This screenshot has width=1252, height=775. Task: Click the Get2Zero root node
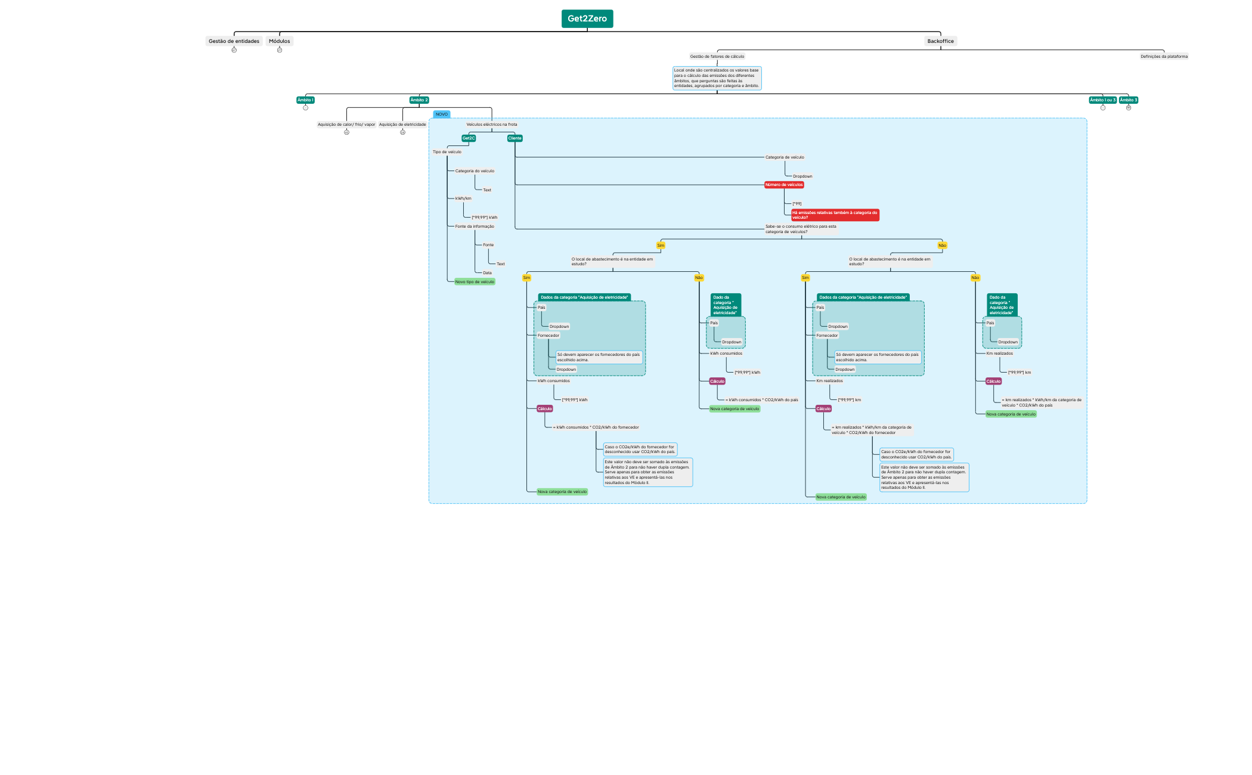point(587,18)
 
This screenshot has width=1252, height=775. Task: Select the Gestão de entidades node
point(234,41)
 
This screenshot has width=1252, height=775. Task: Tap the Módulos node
point(279,41)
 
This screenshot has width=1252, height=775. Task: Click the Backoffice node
point(940,41)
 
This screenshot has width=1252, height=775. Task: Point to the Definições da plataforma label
point(1164,57)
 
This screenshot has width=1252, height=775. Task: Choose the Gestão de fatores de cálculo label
point(717,57)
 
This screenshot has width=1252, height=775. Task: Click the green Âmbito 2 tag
point(419,100)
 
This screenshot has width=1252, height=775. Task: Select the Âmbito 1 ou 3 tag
point(1102,100)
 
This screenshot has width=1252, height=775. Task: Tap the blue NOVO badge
point(441,114)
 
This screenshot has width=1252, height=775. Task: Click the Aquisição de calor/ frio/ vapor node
point(346,125)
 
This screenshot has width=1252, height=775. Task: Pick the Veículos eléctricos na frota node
point(492,125)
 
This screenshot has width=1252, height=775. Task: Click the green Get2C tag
point(469,138)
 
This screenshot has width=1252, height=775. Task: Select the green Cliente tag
point(515,138)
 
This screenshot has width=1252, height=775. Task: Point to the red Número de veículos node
point(784,185)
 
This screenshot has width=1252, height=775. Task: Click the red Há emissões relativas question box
point(835,215)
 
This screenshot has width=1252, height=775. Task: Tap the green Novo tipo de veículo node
point(475,282)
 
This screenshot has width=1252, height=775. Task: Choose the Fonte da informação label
point(475,227)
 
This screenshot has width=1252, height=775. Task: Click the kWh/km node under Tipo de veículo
point(463,199)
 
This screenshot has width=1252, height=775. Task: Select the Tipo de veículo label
point(447,152)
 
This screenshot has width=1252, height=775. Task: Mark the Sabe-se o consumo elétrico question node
point(801,229)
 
